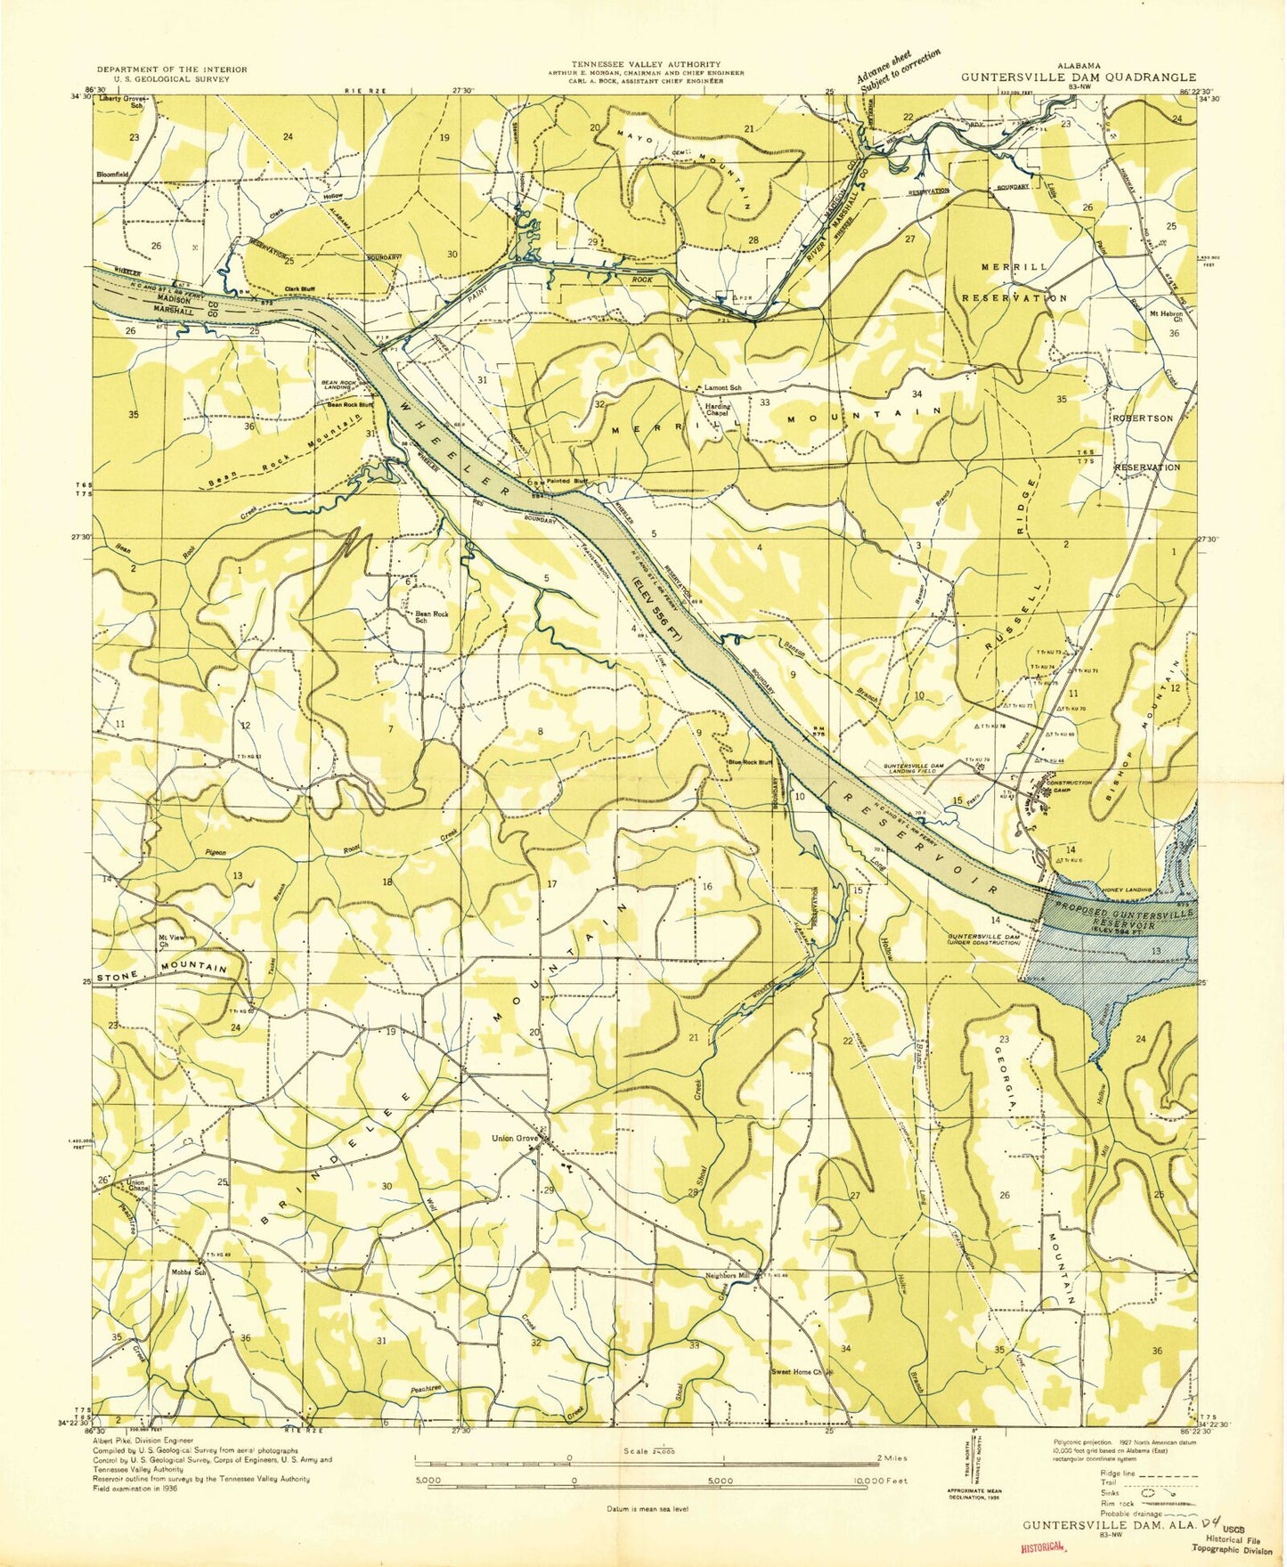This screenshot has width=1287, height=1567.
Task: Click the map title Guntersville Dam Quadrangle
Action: pos(1078,77)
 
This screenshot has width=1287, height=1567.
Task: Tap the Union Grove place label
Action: pos(514,1137)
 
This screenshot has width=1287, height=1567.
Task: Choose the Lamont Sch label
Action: pos(722,388)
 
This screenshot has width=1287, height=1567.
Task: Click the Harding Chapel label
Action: pos(718,410)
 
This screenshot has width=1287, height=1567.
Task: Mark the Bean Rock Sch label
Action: pos(432,617)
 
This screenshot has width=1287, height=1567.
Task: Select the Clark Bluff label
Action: pos(300,288)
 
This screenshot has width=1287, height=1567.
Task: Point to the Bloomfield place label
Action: pos(113,175)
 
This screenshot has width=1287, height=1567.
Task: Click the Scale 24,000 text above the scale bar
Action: pos(648,1451)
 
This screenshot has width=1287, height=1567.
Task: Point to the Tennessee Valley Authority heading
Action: pos(646,65)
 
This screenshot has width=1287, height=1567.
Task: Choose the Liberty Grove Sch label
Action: pos(123,100)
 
